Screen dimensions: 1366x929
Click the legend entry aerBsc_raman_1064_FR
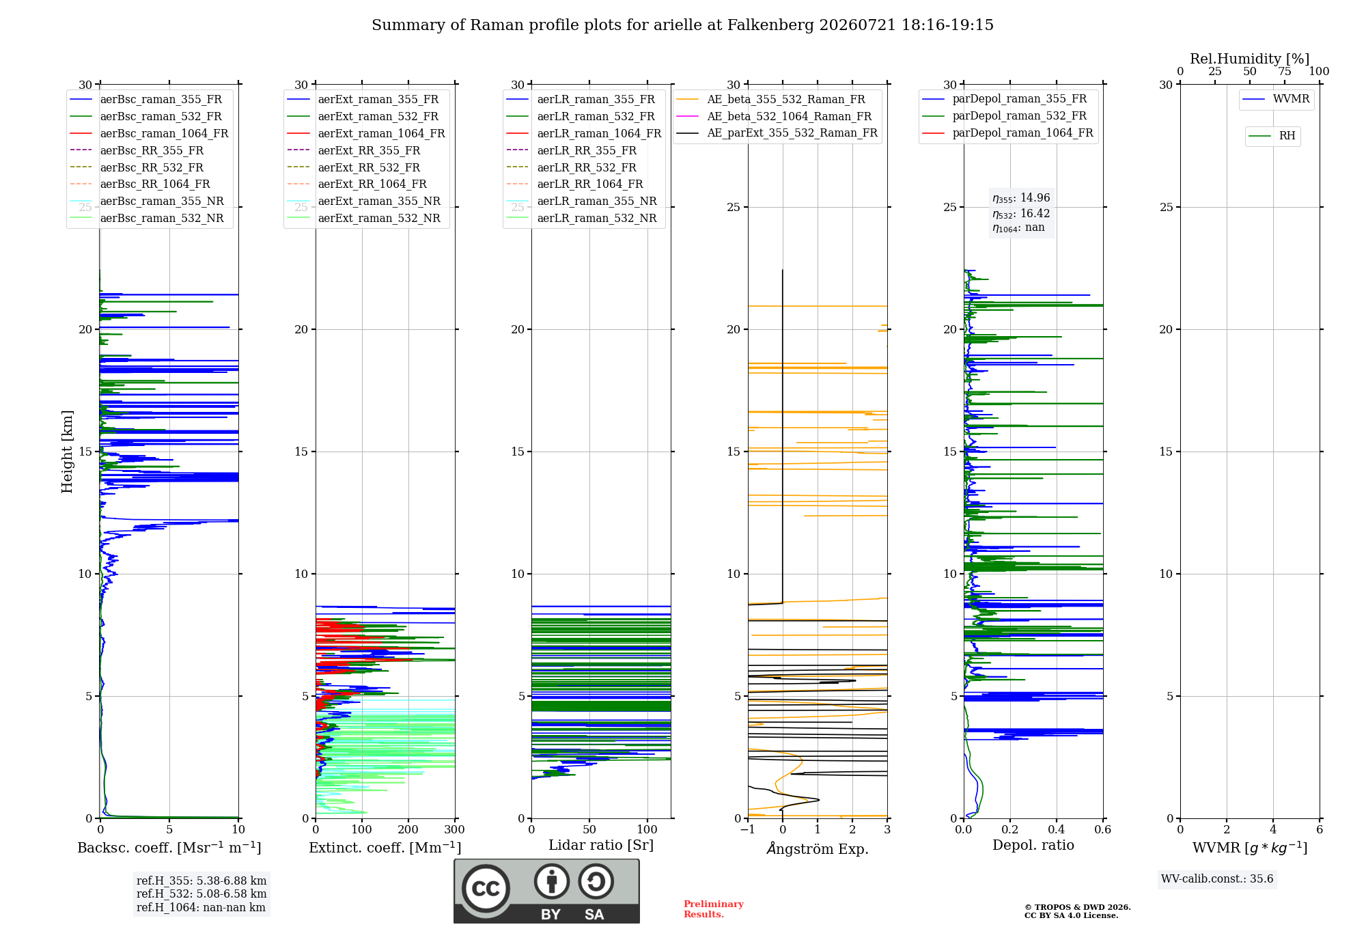(149, 133)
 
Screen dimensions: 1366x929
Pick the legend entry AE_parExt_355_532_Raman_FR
(777, 133)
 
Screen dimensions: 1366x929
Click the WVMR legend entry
(1276, 99)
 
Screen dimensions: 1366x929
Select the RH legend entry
(1272, 136)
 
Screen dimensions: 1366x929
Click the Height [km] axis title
(67, 452)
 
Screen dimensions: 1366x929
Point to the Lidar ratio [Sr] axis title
(601, 845)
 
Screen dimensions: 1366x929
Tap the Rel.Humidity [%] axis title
(1250, 59)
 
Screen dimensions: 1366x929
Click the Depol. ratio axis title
(1033, 845)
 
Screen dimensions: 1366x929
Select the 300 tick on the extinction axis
(455, 829)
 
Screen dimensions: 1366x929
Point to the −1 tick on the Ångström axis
(748, 829)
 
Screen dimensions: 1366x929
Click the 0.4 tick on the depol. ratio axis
(1057, 829)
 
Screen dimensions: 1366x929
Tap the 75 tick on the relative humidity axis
(1285, 72)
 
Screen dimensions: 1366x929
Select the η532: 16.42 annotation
(1021, 213)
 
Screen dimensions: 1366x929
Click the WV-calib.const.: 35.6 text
(1217, 879)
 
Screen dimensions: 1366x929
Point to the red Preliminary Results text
(714, 909)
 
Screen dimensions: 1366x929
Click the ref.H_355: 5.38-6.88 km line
(201, 881)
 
